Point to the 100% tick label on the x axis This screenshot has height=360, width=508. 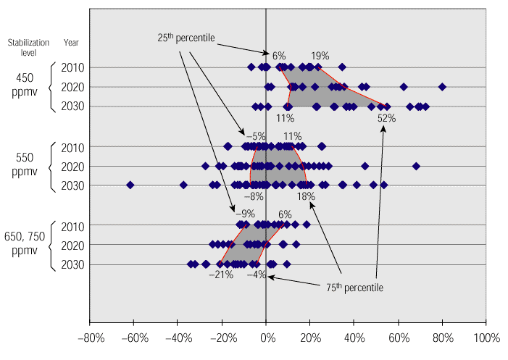[x=486, y=338]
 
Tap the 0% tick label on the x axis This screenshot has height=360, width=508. [x=267, y=338]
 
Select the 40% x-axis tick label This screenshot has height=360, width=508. [x=354, y=338]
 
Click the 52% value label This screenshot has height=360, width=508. [x=386, y=118]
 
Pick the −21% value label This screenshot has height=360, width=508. [x=220, y=275]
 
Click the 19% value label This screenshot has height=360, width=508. [x=320, y=55]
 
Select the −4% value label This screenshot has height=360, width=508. [x=256, y=275]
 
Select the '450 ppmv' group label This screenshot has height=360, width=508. [x=25, y=85]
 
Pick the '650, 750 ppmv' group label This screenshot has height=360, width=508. [x=25, y=243]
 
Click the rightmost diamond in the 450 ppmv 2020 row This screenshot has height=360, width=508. [x=442, y=87]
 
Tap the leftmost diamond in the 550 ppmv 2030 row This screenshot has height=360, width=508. [x=130, y=185]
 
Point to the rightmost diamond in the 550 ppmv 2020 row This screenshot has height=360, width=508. [x=416, y=166]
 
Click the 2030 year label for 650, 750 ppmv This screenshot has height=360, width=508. [x=73, y=264]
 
